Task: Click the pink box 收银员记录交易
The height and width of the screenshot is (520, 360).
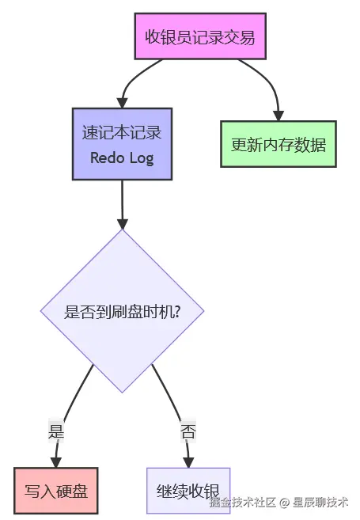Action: pyautogui.click(x=200, y=36)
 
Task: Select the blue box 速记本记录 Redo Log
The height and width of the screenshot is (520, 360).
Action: pyautogui.click(x=121, y=144)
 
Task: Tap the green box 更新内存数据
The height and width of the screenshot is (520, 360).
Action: pyautogui.click(x=278, y=144)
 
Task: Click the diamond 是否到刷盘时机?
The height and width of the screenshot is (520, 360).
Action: pyautogui.click(x=122, y=311)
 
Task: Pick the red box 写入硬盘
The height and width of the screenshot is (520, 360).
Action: pyautogui.click(x=56, y=491)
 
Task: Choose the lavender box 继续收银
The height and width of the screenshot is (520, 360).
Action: pyautogui.click(x=188, y=491)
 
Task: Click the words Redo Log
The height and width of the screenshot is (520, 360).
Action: pyautogui.click(x=121, y=158)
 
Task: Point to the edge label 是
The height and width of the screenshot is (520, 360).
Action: pyautogui.click(x=56, y=431)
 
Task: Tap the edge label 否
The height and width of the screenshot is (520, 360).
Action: pyautogui.click(x=188, y=431)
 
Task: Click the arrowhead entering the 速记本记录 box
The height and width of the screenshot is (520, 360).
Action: pyautogui.click(x=122, y=102)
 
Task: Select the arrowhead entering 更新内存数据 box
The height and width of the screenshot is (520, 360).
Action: pyautogui.click(x=278, y=115)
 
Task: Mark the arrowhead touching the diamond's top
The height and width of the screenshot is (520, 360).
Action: pyautogui.click(x=122, y=223)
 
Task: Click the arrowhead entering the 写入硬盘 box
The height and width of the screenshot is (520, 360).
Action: pyautogui.click(x=56, y=461)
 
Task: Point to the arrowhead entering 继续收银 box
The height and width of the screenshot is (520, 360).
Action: pyautogui.click(x=188, y=461)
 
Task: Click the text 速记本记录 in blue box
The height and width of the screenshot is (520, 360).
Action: pyautogui.click(x=121, y=131)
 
